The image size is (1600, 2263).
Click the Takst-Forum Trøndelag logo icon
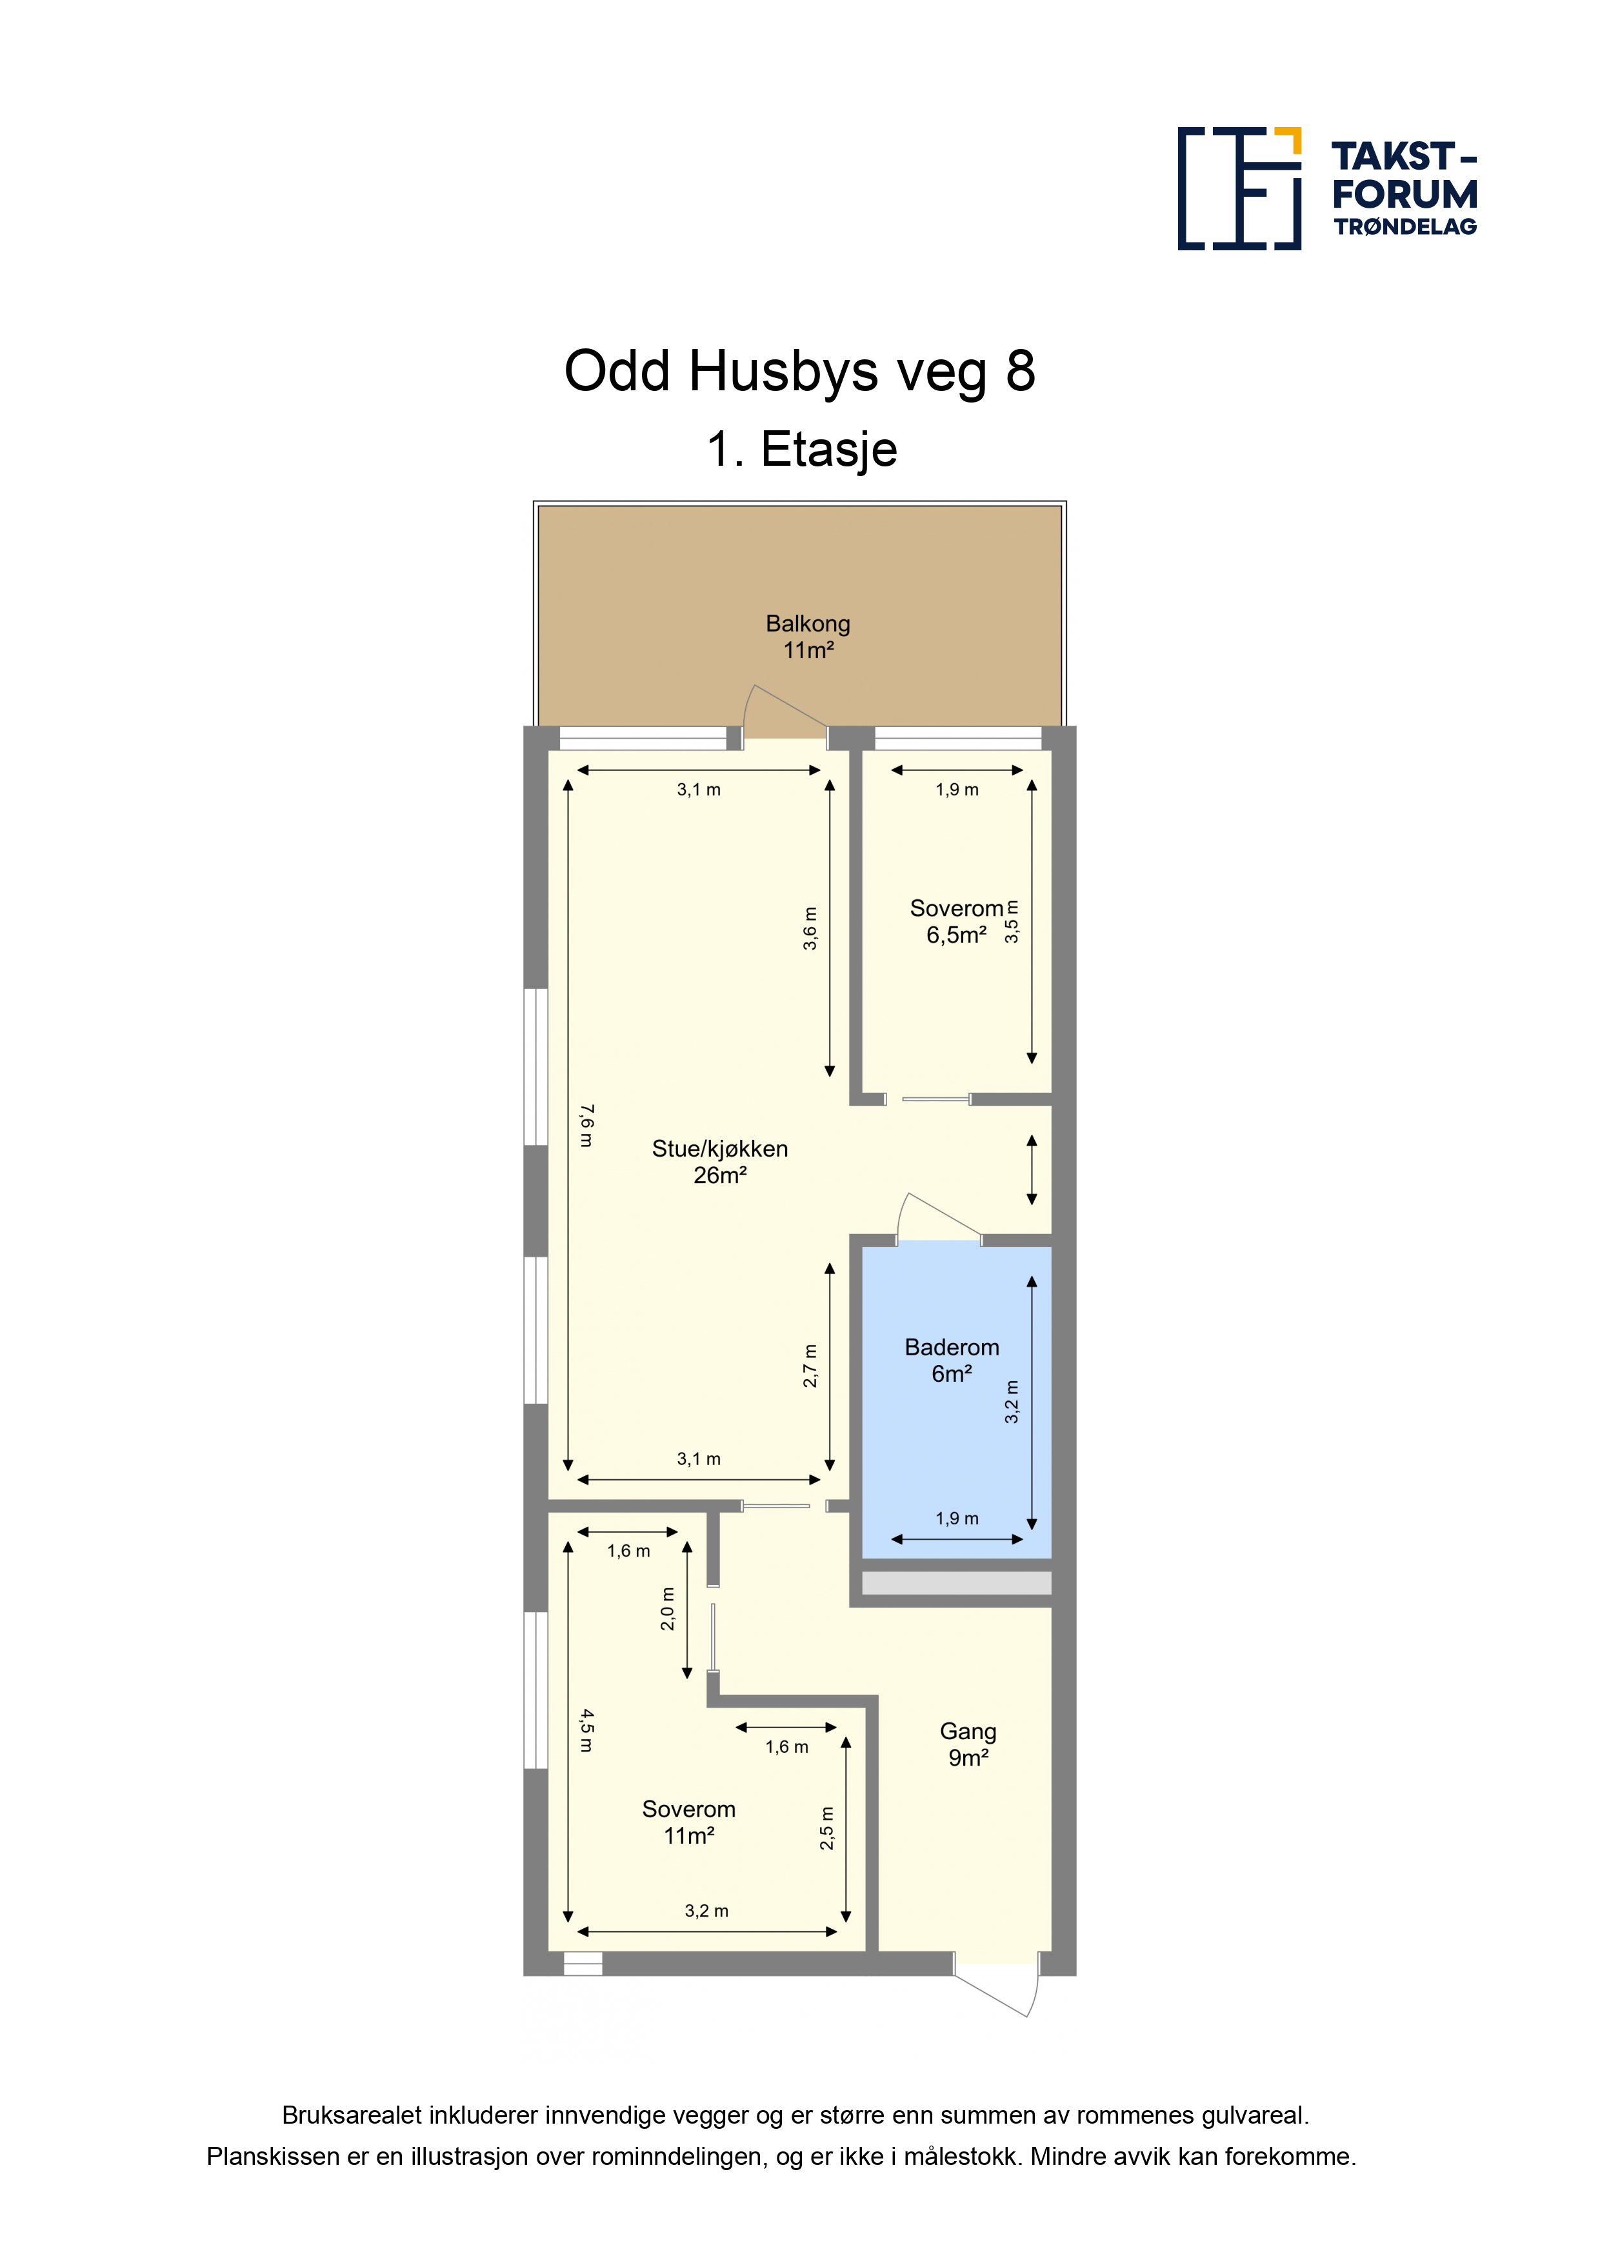point(1239,188)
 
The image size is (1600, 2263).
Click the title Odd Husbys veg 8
point(799,372)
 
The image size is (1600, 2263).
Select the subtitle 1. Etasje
point(801,450)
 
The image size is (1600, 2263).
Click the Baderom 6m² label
point(952,1360)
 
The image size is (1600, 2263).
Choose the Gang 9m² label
point(968,1744)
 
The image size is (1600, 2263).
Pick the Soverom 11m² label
point(689,1822)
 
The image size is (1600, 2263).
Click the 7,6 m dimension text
point(586,1126)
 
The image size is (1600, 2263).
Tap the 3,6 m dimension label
point(810,928)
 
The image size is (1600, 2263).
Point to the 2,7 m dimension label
point(810,1366)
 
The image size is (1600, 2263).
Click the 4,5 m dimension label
point(586,1731)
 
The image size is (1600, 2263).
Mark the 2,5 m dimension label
point(827,1828)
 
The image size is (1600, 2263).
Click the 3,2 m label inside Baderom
point(1012,1402)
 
